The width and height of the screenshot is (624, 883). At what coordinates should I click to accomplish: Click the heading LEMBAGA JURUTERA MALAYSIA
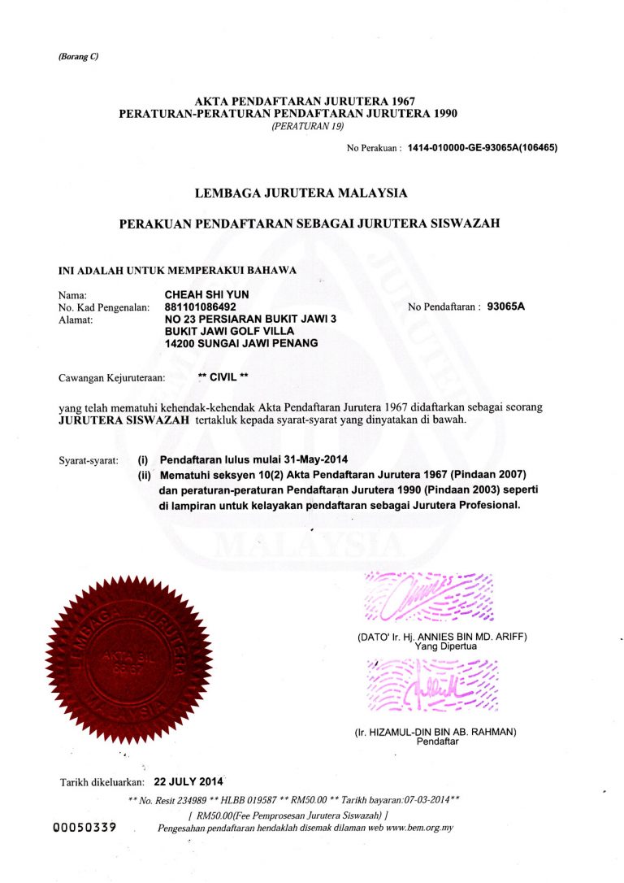pos(301,194)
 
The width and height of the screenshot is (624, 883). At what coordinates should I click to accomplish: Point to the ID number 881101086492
pos(201,307)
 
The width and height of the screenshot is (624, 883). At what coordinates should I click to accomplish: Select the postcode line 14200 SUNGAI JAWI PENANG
pos(240,344)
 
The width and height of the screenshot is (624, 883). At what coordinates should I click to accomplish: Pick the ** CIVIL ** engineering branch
pos(223,377)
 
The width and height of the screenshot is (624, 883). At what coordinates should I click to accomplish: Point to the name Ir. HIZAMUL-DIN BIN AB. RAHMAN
pos(436,732)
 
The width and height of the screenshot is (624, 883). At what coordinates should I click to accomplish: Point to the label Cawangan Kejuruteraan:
pos(112,378)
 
